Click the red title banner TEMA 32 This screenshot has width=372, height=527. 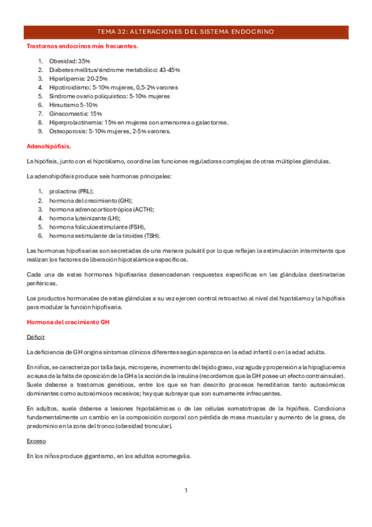coord(186,31)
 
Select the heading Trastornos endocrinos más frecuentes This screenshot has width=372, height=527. coord(82,46)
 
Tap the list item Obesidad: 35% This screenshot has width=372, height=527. coord(70,62)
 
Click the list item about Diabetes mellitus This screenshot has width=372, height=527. coord(114,70)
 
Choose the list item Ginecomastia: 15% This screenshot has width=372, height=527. coord(75,114)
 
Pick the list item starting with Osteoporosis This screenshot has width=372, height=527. coord(109,131)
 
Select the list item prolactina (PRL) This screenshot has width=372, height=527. coord(71,192)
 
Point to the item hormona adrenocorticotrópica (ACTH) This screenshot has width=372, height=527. coord(102,209)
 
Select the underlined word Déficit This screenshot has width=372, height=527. coord(35,337)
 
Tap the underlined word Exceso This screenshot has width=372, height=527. coord(36,441)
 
